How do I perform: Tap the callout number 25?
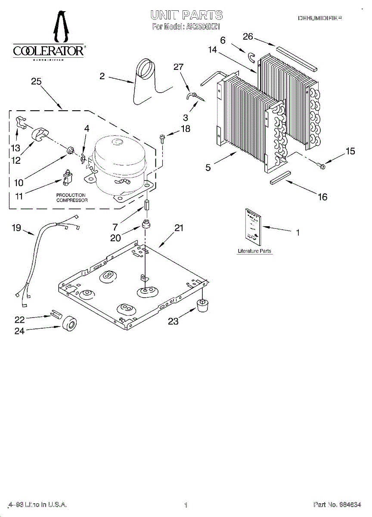click(37, 81)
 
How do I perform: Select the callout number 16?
click(322, 197)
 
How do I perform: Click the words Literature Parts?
click(254, 251)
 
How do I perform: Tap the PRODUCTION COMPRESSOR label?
click(71, 198)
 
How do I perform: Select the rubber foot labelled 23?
click(202, 304)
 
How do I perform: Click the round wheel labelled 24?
click(68, 324)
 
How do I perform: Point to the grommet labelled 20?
click(146, 225)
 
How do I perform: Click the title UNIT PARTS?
click(186, 16)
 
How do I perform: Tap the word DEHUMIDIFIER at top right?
click(320, 18)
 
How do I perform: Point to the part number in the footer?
click(336, 505)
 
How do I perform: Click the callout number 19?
click(16, 228)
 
